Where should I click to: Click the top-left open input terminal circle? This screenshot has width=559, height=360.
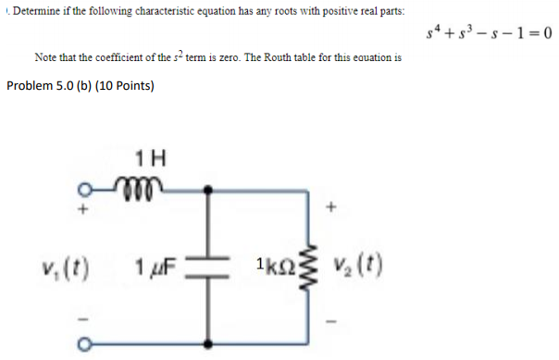click(x=85, y=192)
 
